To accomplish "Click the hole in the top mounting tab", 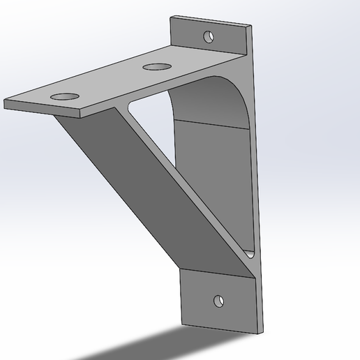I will (208, 36).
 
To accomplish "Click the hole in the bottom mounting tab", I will (220, 301).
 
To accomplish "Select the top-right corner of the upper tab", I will (250, 27).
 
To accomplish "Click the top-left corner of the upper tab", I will (172, 17).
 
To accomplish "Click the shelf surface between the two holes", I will (112, 80).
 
